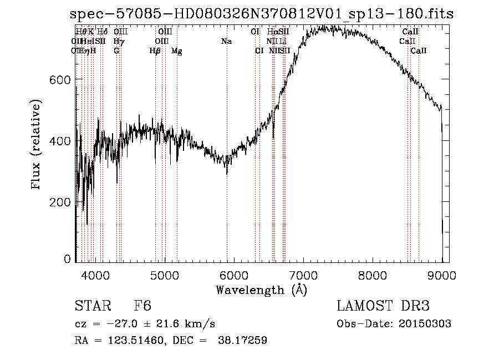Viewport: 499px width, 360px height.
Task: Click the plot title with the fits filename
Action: (x=262, y=14)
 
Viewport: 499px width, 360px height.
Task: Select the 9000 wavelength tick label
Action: (x=442, y=274)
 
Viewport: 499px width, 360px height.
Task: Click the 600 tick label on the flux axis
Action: (x=61, y=80)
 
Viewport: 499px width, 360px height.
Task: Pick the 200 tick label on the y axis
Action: (x=61, y=202)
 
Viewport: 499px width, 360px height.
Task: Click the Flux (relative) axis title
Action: (x=37, y=145)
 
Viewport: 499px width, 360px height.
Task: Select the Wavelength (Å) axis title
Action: (x=261, y=290)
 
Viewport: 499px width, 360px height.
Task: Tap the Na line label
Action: (x=226, y=41)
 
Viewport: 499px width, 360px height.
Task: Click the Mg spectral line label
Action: (x=177, y=51)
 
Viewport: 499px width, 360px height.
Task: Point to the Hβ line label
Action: (x=155, y=51)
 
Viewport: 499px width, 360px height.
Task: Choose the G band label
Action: (x=116, y=51)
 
